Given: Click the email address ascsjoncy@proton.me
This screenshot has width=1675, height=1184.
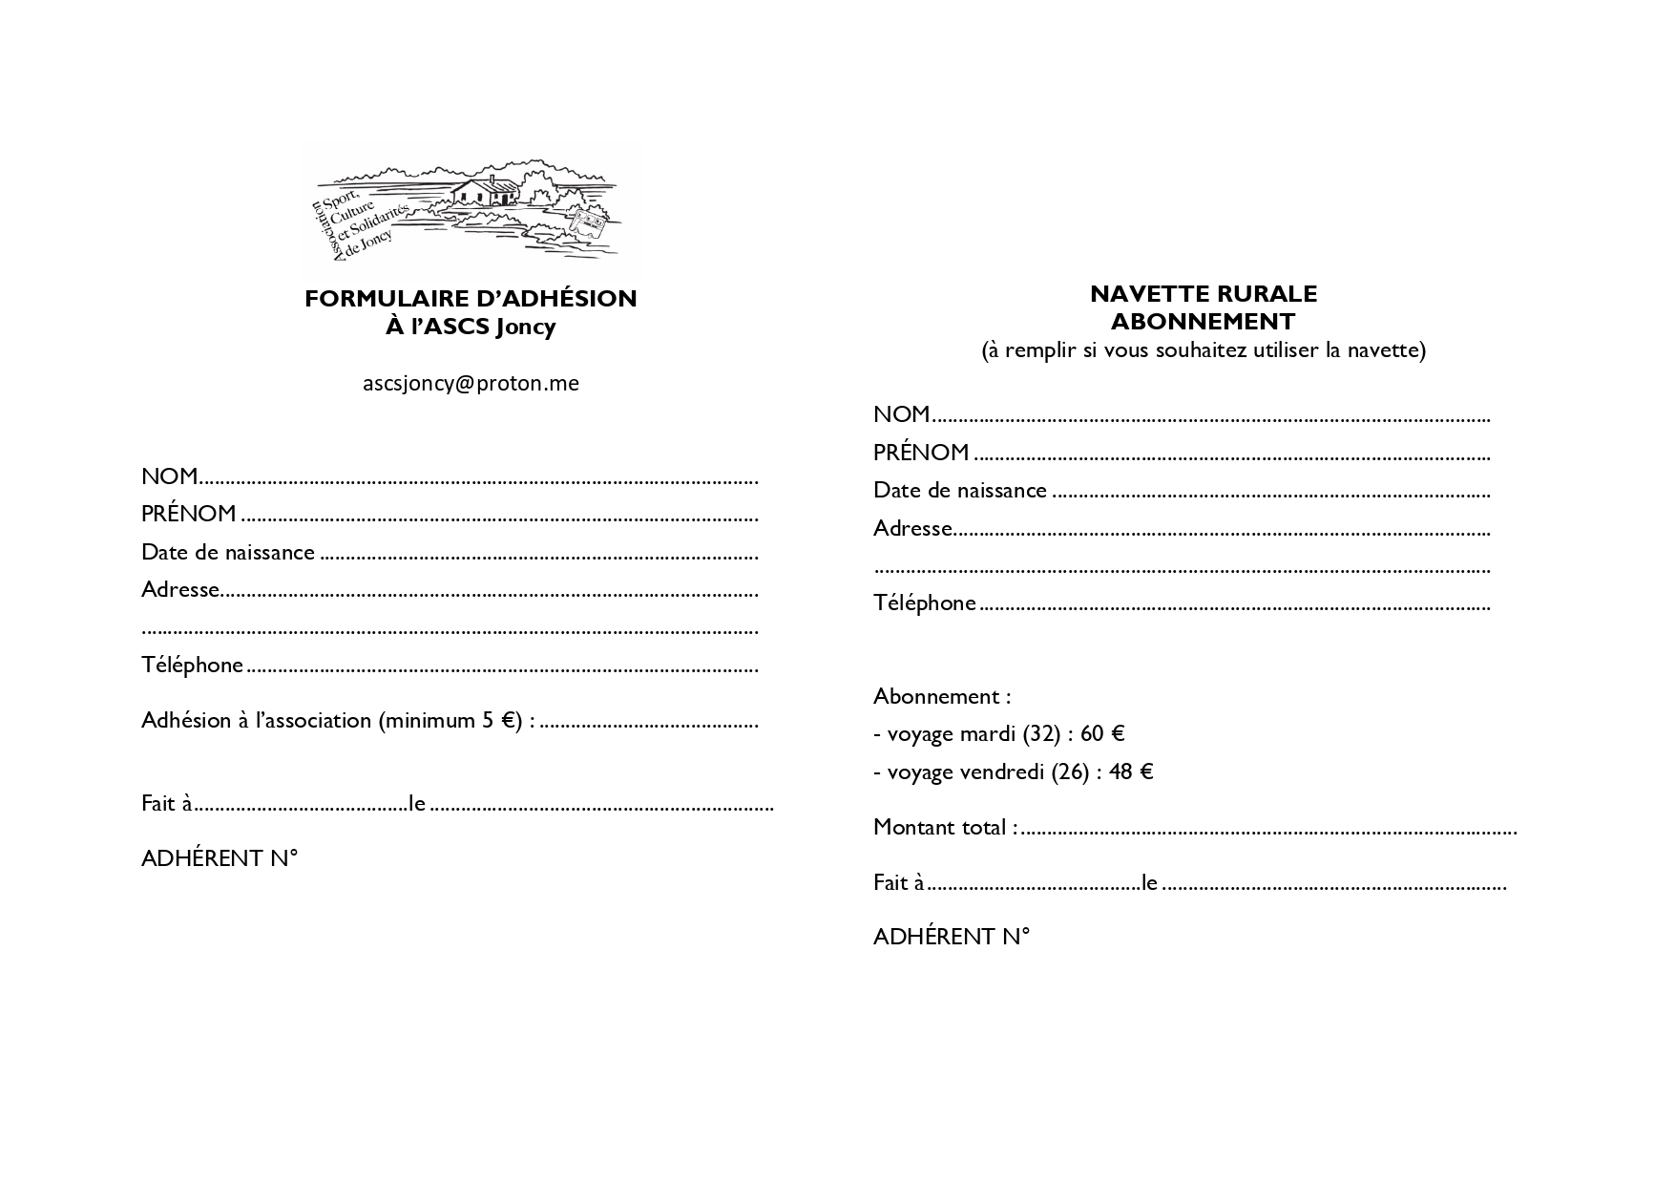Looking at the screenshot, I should pos(471,383).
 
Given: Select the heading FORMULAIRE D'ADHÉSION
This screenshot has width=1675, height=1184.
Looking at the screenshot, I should pos(471,299).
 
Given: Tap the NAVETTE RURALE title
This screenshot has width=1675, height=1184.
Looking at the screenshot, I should pos(1204,294).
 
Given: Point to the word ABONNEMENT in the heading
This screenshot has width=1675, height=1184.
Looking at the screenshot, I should pos(1204,321).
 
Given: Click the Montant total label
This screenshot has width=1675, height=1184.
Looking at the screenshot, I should pos(944,827).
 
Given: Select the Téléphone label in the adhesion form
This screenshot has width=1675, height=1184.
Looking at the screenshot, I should pos(192,665).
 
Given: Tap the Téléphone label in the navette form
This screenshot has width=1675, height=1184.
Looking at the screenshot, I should pos(924,603).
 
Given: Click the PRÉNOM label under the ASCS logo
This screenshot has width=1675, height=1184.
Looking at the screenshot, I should pos(189,514).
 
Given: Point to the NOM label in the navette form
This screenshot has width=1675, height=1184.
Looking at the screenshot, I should pos(901,414).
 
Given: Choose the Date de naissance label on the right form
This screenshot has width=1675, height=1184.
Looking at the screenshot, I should pos(959,490).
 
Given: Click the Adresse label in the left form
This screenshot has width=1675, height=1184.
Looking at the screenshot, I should pos(180,589).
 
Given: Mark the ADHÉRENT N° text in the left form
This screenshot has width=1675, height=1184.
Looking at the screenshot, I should pos(220,858).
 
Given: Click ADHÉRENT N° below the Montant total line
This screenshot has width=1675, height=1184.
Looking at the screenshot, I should pos(952,937).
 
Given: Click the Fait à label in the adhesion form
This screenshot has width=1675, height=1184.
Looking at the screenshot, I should pos(166,803).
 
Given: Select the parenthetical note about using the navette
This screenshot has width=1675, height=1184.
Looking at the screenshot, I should pos(1204,349).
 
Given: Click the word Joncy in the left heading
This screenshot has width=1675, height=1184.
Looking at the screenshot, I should pos(525,327).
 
